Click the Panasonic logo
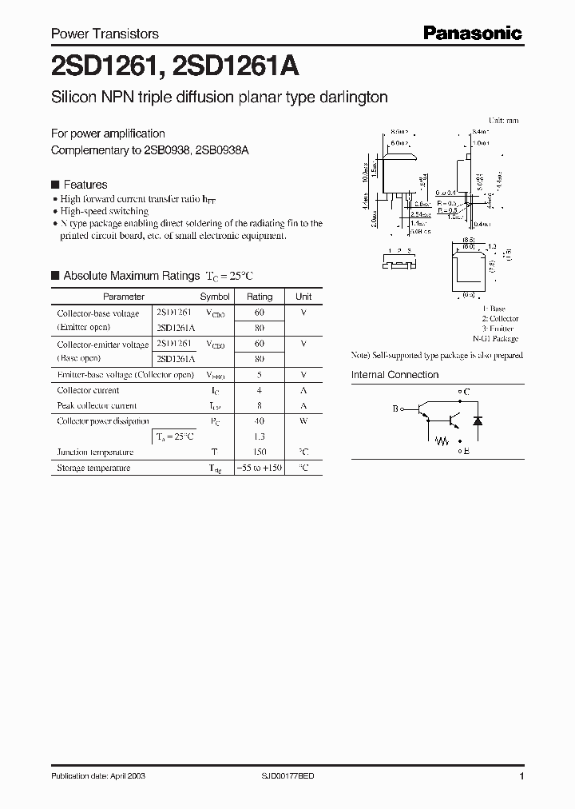pos(472,33)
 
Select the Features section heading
pos(85,185)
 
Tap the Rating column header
pos(260,297)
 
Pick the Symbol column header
pos(215,297)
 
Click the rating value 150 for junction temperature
pos(260,452)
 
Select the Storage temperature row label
pos(93,468)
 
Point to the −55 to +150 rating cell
pos(260,468)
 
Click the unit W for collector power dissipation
pos(303,421)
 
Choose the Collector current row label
pos(88,390)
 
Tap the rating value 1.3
pos(260,436)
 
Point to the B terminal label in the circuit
pos(395,409)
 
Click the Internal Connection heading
pos(395,375)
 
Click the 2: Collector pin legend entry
pos(500,318)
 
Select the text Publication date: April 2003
pos(97,776)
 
